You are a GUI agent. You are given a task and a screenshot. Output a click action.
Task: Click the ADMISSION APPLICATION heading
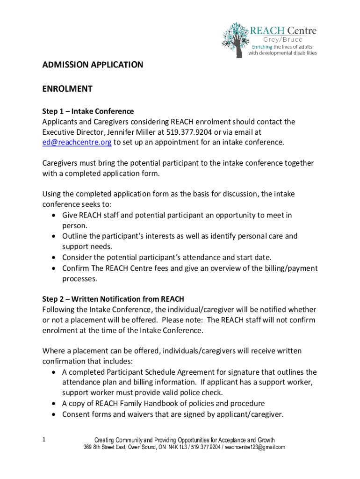tap(93, 65)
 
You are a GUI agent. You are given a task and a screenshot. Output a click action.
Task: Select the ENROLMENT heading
tap(67, 89)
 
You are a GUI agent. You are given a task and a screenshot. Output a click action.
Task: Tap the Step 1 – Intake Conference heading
tap(88, 111)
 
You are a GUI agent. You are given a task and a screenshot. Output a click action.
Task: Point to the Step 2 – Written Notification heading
tap(113, 299)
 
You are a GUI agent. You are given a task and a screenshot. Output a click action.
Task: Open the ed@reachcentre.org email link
tap(77, 142)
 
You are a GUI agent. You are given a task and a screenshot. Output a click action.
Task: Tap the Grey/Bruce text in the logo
tap(285, 40)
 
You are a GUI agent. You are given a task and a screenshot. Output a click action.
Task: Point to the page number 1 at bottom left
tap(43, 440)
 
